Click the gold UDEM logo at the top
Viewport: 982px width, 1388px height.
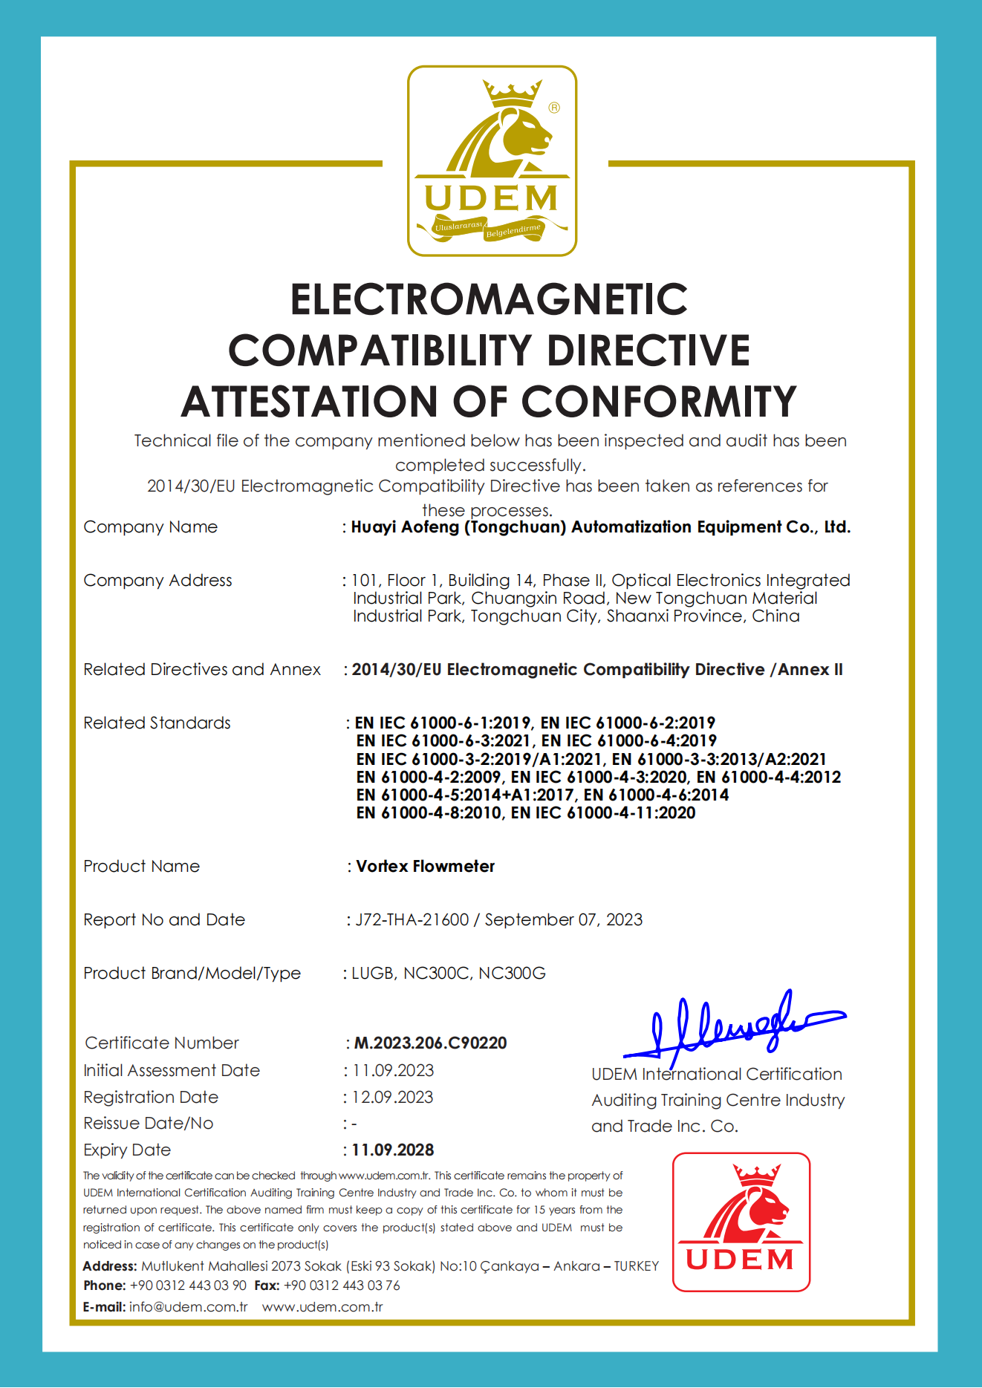tap(492, 161)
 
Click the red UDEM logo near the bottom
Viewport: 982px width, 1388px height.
tap(741, 1222)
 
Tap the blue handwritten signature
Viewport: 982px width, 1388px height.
tap(732, 1026)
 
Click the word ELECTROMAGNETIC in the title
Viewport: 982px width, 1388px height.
tap(489, 299)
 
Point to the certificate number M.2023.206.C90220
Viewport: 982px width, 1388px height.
tap(430, 1043)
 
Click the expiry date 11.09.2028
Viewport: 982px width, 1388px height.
tap(392, 1150)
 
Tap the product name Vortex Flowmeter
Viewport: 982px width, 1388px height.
tap(425, 866)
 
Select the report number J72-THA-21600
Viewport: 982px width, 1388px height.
tap(412, 919)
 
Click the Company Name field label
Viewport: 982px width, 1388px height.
tap(150, 527)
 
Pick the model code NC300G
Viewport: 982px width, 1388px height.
tap(512, 973)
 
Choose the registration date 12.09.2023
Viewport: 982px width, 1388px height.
tap(392, 1097)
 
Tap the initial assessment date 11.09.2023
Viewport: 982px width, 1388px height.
tap(393, 1070)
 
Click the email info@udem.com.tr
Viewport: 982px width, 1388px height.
tap(188, 1306)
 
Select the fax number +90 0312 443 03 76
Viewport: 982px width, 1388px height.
tap(342, 1285)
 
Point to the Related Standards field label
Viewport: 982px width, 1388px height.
tap(157, 723)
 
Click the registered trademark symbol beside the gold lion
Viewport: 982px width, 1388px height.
tap(554, 108)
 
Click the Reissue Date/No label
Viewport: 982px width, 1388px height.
tap(148, 1123)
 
